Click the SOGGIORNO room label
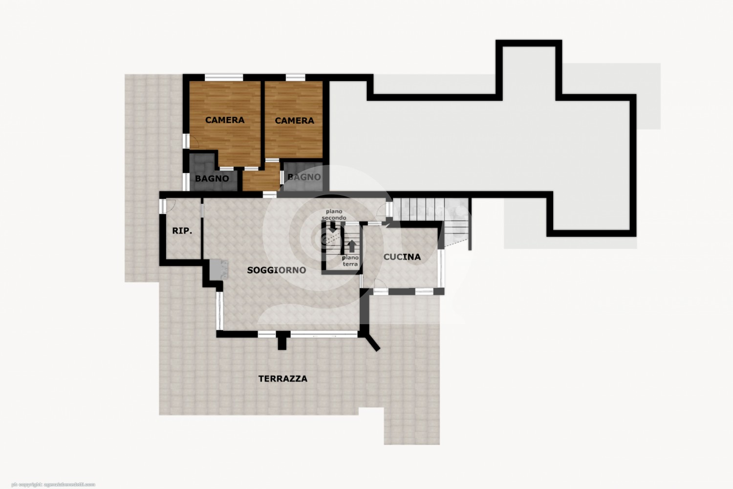click(277, 270)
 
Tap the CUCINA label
click(402, 257)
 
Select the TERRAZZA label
click(283, 378)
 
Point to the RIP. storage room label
click(182, 231)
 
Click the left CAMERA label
click(225, 120)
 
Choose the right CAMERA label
click(295, 120)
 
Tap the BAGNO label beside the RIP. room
click(212, 178)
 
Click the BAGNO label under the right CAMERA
click(304, 177)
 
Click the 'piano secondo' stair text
click(334, 215)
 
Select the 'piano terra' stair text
click(350, 261)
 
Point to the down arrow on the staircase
click(333, 227)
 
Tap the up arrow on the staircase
click(352, 246)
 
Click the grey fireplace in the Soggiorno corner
click(218, 269)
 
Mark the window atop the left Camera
click(224, 77)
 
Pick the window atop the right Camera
click(296, 77)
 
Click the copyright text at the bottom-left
click(53, 485)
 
